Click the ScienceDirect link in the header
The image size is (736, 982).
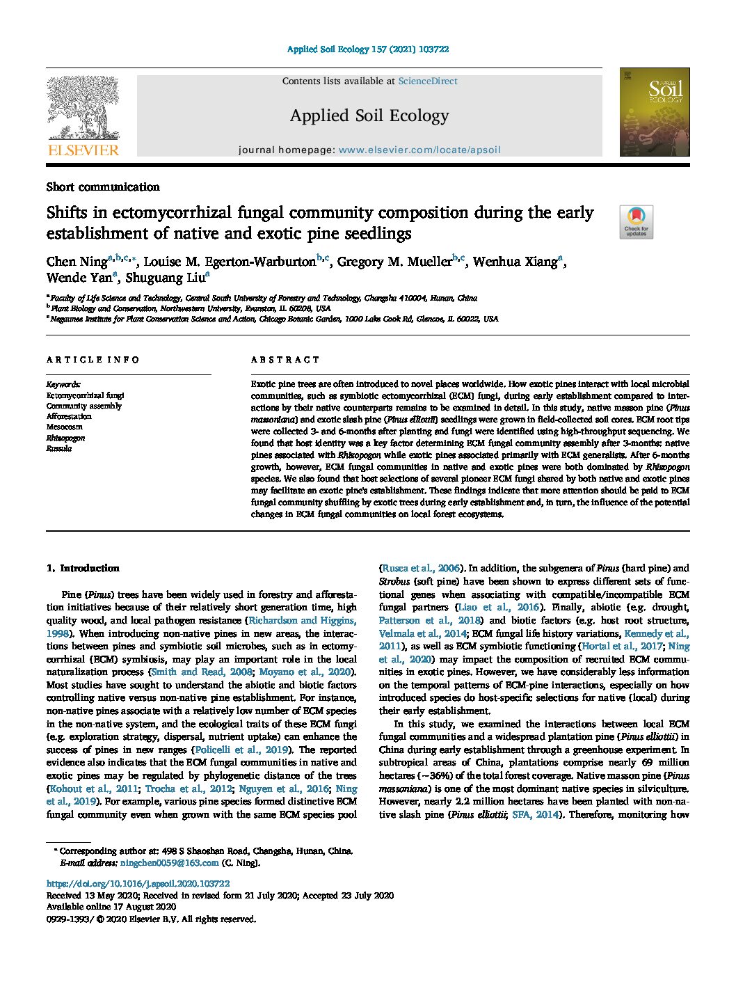pos(427,81)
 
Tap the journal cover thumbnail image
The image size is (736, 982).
pos(654,112)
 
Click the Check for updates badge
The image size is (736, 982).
pos(636,222)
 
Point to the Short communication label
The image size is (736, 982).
pos(103,187)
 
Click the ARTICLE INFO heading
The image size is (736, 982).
pos(93,360)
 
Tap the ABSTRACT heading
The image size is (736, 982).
pos(285,360)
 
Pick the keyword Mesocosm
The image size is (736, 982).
pos(64,427)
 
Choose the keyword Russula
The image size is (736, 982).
pos(59,449)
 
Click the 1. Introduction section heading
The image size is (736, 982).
pos(83,569)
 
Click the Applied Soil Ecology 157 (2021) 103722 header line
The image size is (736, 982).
pos(368,49)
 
